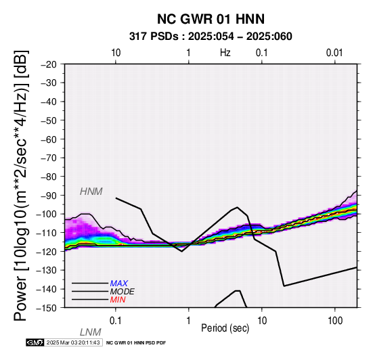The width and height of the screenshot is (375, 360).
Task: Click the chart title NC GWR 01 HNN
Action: pos(211,19)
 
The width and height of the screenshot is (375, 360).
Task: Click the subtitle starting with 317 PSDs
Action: pos(211,37)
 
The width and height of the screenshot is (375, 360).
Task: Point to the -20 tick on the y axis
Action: pos(49,64)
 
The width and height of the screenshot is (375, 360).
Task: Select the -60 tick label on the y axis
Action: pos(49,139)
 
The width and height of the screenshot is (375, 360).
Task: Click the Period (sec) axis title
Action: pos(225,328)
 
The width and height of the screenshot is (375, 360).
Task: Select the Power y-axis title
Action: pos(21,186)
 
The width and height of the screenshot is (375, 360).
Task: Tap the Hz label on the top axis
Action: pos(225,53)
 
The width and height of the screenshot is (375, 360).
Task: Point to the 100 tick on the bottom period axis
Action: pos(335,321)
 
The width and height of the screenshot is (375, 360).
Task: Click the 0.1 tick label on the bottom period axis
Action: pos(116,321)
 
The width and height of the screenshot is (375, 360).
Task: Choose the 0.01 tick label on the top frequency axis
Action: pos(335,53)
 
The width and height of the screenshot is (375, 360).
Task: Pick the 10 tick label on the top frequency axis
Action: pos(116,53)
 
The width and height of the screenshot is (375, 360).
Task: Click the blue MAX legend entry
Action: pos(119,284)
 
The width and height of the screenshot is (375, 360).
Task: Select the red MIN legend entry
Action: pos(118,300)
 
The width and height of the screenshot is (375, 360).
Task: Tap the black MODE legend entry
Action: pos(123,292)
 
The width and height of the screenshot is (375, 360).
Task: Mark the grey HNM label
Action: pos(91,192)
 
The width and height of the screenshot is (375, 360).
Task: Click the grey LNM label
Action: pos(91,332)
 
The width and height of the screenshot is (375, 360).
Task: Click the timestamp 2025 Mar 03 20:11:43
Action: pos(73,342)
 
